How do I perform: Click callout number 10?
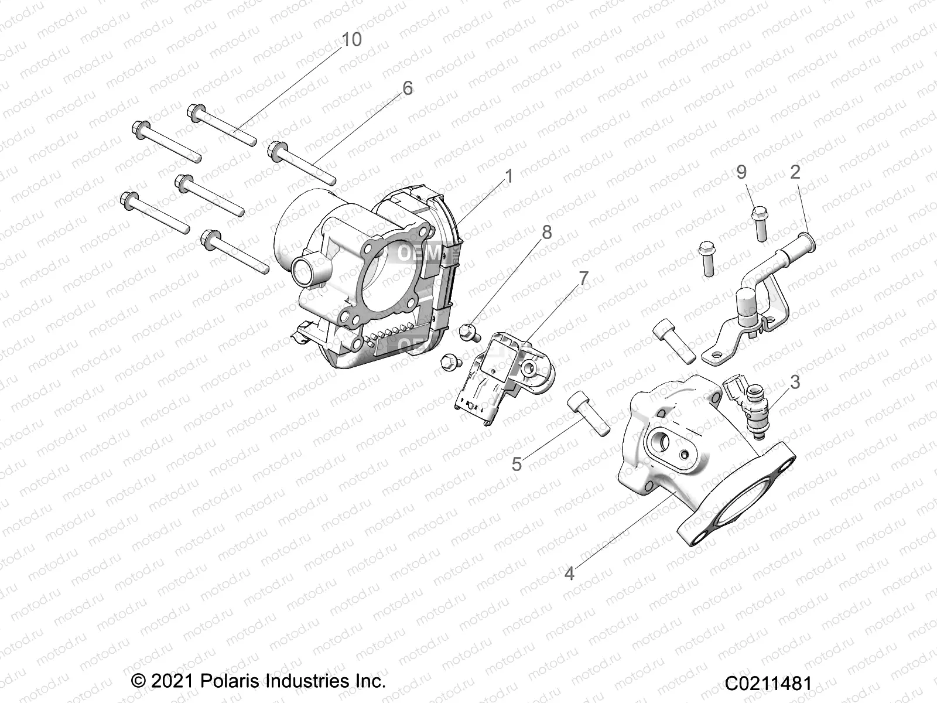[351, 40]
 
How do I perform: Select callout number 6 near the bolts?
[407, 88]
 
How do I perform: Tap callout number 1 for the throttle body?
[508, 176]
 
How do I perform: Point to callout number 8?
[546, 233]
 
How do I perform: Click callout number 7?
[583, 278]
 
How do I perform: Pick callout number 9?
[741, 172]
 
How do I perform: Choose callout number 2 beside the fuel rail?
[795, 172]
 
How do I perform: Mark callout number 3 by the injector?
[795, 382]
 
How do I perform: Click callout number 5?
[516, 464]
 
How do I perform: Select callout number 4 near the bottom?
[569, 574]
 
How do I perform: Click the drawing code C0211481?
[768, 683]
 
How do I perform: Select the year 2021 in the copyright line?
[165, 681]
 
